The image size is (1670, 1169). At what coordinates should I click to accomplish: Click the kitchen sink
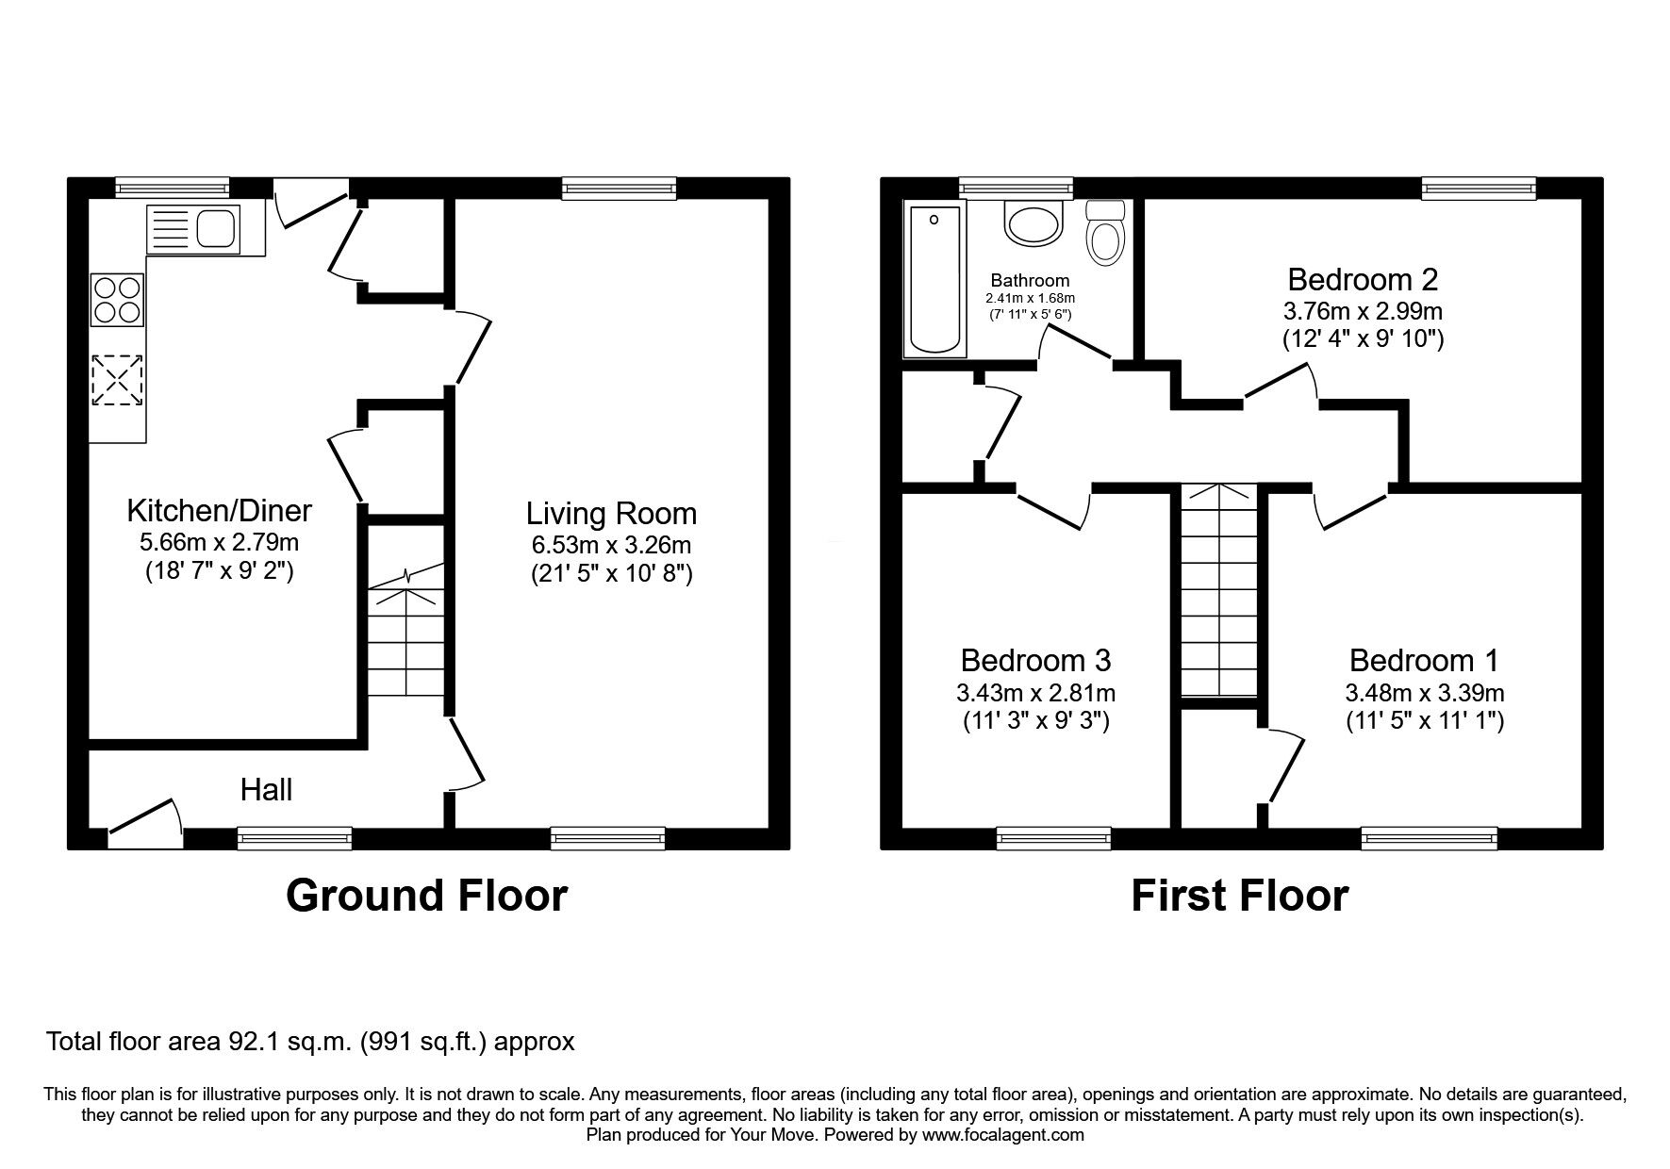click(193, 229)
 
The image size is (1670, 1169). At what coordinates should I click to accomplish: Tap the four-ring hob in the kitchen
click(118, 299)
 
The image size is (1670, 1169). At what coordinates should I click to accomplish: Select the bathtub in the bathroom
click(934, 280)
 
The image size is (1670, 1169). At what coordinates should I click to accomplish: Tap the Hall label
click(266, 790)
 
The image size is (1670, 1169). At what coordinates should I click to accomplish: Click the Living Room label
click(611, 514)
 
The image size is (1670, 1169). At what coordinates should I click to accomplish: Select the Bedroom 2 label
click(1363, 280)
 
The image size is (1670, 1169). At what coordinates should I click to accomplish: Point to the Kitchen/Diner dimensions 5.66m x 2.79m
click(219, 543)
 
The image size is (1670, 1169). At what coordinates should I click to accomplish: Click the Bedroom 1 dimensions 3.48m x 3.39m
click(1424, 694)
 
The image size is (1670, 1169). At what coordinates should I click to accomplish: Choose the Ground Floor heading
click(426, 896)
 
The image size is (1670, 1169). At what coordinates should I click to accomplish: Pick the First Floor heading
click(1240, 896)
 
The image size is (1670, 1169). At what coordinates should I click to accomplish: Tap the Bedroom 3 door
click(1054, 508)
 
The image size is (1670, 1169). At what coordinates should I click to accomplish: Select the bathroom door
click(1076, 342)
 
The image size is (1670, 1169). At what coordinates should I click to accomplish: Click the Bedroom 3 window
click(1053, 837)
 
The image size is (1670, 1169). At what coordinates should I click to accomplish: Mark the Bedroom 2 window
click(1479, 189)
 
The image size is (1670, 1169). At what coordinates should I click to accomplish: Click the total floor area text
click(310, 1042)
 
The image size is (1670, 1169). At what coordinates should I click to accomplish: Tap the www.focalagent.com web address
click(1002, 1135)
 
